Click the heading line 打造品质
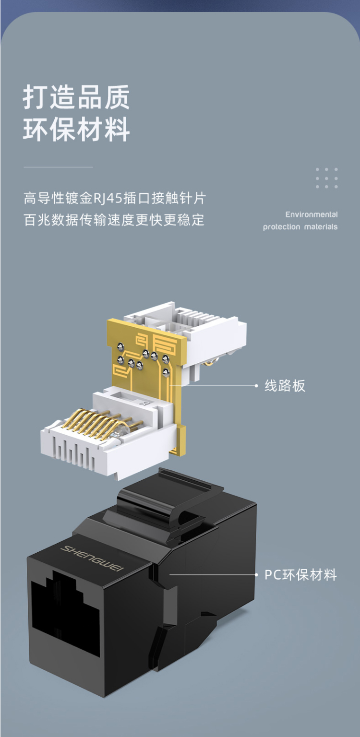pyautogui.click(x=76, y=97)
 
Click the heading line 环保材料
pyautogui.click(x=76, y=129)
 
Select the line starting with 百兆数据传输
pyautogui.click(x=114, y=220)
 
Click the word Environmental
pyautogui.click(x=312, y=214)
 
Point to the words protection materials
pyautogui.click(x=300, y=226)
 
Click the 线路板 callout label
pyautogui.click(x=285, y=386)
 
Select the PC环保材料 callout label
pyautogui.click(x=300, y=575)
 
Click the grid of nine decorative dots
pyautogui.click(x=326, y=178)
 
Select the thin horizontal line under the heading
pyautogui.click(x=58, y=167)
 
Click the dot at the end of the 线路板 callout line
pyautogui.click(x=256, y=386)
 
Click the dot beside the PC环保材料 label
pyautogui.click(x=256, y=575)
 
